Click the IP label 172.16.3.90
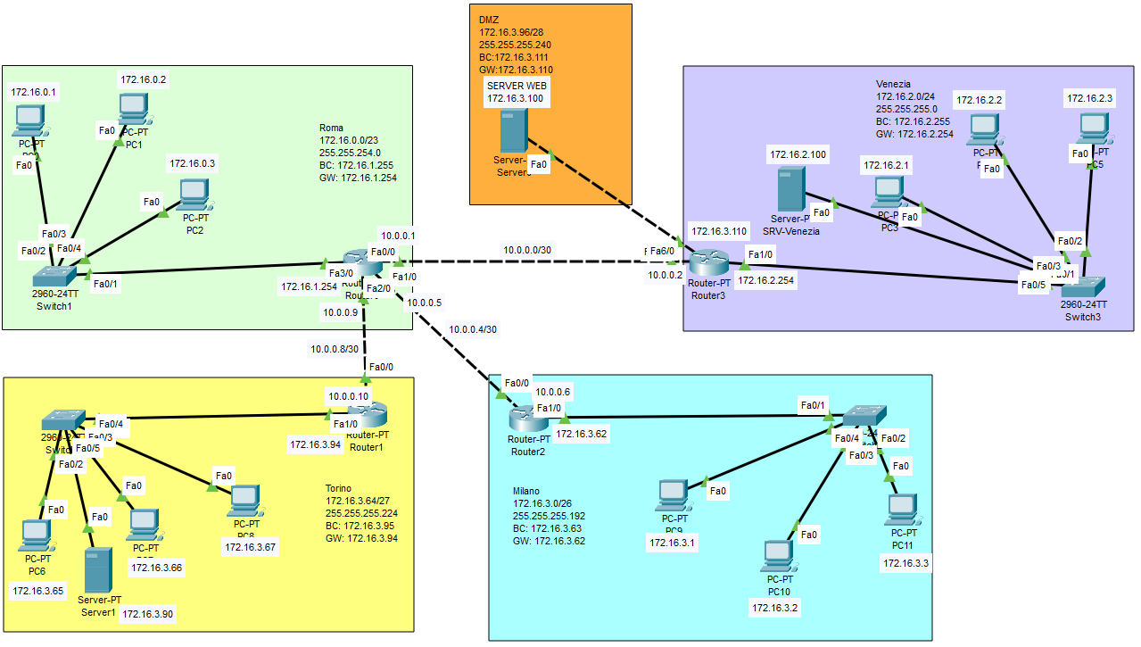[149, 614]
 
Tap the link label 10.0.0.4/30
[473, 329]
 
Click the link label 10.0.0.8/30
[335, 349]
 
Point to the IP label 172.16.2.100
[798, 155]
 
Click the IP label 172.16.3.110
[718, 231]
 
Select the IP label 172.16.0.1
[34, 91]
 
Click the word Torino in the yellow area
[338, 489]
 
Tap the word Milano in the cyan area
[525, 492]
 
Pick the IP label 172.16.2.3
[1088, 98]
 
